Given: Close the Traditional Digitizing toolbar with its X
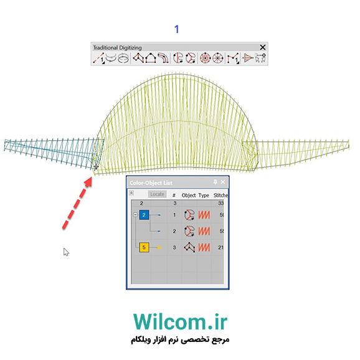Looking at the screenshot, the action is point(263,47).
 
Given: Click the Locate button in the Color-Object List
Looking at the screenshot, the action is point(158,194).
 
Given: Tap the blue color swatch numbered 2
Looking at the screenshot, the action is point(144,215).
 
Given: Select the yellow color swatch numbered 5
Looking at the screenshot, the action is point(144,247).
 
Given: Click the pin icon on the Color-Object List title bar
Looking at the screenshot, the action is point(215,182).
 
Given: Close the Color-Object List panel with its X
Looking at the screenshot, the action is point(223,182).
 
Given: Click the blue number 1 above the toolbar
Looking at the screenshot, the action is point(176,29).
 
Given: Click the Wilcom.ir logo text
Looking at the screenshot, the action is point(180,321).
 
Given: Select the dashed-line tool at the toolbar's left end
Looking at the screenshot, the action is point(99,58).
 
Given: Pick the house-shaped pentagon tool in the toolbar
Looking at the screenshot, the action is point(150,58).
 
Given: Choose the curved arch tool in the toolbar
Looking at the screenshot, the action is point(163,58).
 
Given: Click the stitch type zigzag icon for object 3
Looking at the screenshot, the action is point(204,247).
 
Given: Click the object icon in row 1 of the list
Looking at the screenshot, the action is point(189,215).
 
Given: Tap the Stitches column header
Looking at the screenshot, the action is point(220,195).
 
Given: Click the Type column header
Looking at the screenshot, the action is point(204,196).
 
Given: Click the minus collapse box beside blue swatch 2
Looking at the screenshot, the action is point(135,215).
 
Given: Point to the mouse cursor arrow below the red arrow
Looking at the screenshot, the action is point(66,252).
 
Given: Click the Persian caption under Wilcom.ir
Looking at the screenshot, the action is point(180,339).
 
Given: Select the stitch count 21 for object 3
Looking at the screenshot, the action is point(220,247).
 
